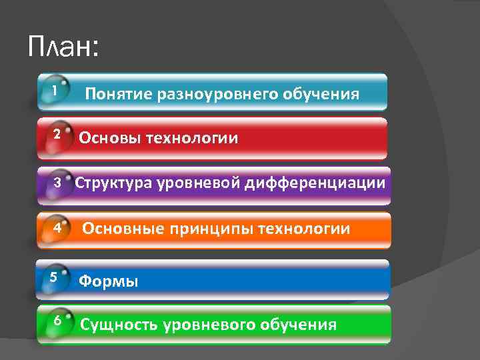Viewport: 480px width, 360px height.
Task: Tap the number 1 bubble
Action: [53, 89]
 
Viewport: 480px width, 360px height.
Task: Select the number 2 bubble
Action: [57, 134]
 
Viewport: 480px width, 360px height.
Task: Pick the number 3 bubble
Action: [58, 182]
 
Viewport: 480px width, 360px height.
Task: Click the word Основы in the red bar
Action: [109, 139]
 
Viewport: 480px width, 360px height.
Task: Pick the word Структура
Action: [114, 183]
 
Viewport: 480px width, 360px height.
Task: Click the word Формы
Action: [109, 281]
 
